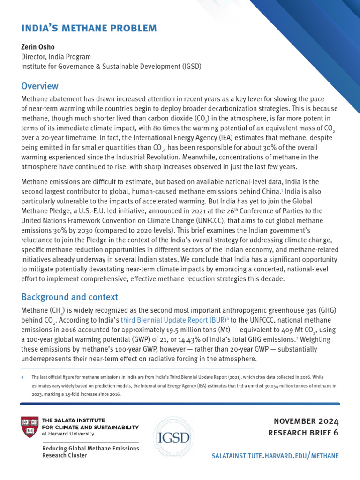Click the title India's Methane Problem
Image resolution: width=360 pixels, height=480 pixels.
(x=89, y=28)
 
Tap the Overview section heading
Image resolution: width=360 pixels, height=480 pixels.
(x=40, y=86)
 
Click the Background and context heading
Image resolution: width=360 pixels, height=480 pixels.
(x=69, y=297)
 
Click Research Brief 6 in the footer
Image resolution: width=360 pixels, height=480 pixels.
(x=303, y=433)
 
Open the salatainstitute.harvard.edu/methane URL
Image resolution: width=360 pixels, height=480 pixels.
(x=276, y=456)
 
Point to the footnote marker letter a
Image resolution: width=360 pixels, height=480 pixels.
(x=22, y=377)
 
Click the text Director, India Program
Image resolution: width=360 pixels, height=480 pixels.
(x=56, y=57)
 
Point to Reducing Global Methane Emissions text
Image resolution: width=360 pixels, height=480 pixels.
(x=90, y=449)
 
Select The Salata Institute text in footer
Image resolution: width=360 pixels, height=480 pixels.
(x=74, y=420)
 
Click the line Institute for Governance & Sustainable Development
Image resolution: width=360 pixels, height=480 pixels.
(x=111, y=67)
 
